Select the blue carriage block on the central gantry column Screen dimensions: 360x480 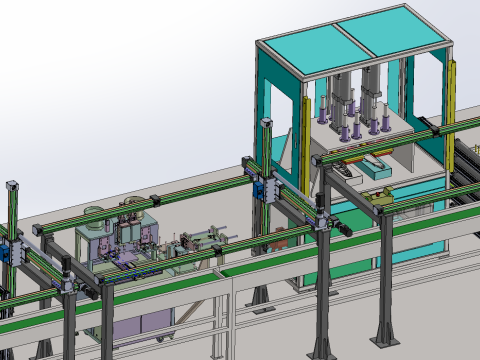[x=262, y=189]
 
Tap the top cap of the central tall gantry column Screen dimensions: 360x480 [x=267, y=121]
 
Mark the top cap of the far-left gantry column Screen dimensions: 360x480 [x=13, y=185]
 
